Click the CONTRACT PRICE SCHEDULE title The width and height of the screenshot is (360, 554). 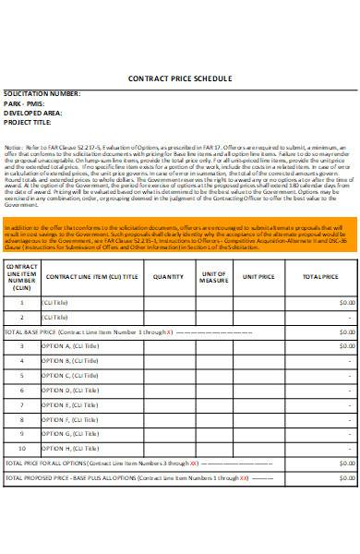[x=180, y=78]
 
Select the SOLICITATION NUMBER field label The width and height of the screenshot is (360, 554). [x=42, y=94]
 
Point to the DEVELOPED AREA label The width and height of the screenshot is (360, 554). [x=35, y=113]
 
